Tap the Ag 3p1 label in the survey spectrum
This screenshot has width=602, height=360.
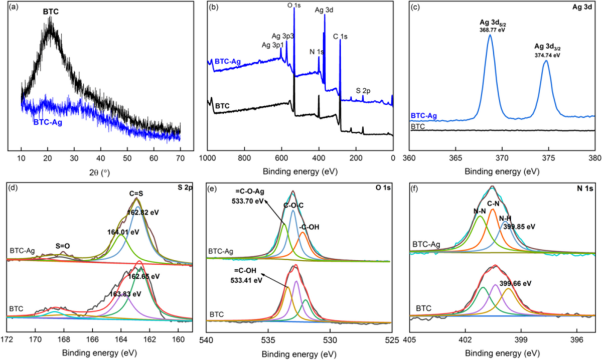271,45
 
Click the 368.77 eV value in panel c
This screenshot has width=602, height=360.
490,30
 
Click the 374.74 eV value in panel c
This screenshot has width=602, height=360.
547,56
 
